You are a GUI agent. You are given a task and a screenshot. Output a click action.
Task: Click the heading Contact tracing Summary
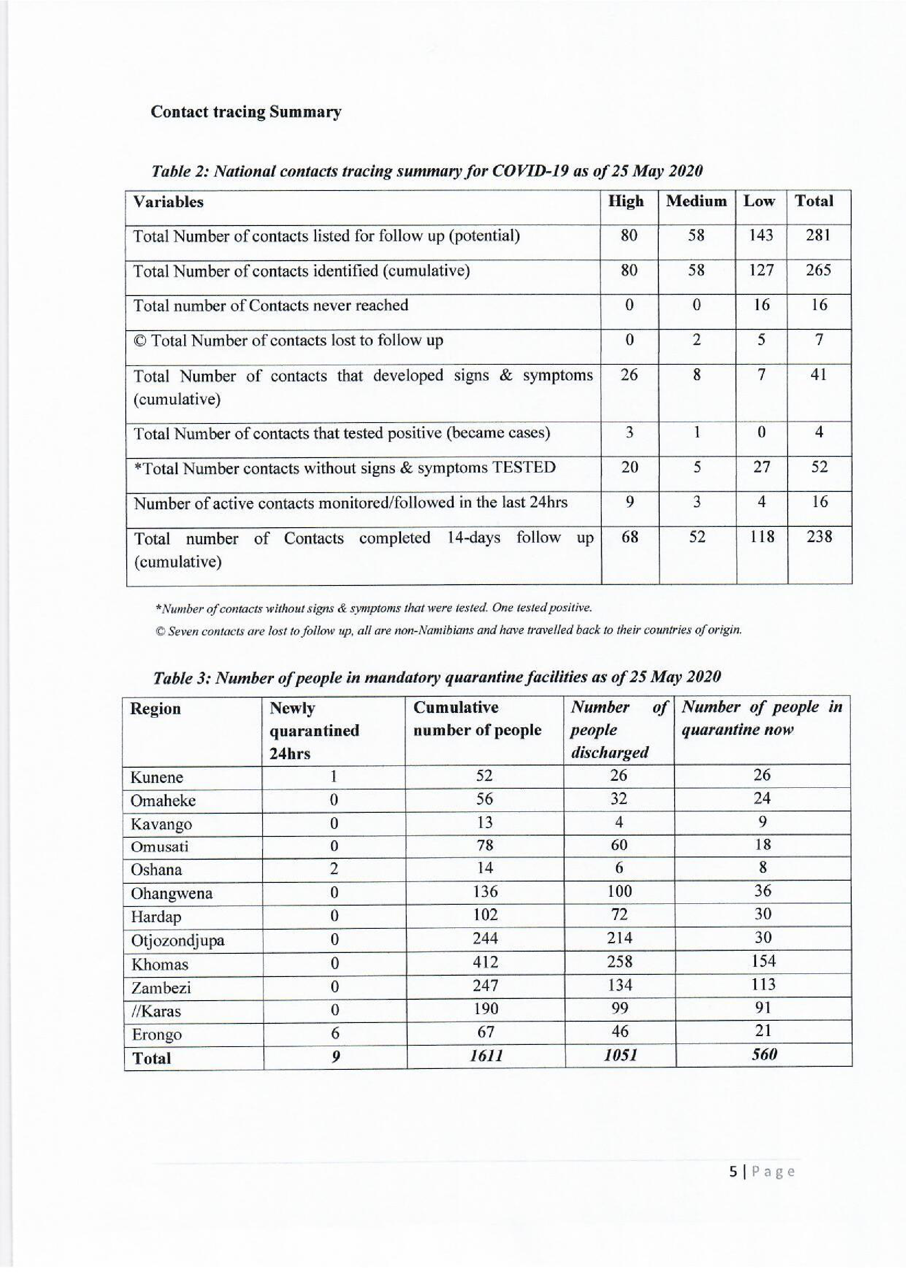246,112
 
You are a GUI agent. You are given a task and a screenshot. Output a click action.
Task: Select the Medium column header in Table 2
696,201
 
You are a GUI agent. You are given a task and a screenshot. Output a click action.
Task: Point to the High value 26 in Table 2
629,375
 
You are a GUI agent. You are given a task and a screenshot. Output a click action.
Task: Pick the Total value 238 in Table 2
819,537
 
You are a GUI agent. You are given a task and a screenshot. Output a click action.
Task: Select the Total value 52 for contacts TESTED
819,467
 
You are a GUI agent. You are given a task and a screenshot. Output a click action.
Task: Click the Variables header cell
168,202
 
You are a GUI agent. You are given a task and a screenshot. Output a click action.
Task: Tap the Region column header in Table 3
156,709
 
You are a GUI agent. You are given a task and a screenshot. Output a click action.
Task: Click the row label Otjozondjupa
178,941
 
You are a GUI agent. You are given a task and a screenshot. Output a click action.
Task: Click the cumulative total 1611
485,1055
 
